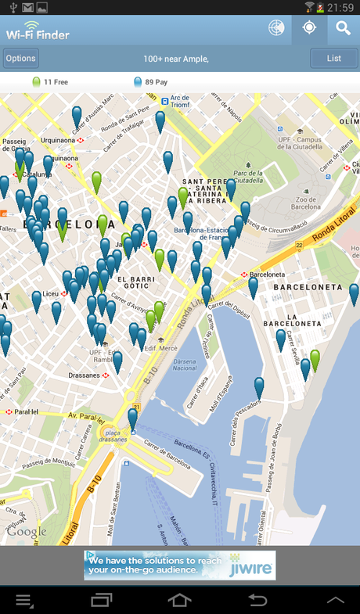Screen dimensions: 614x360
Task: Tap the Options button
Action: [21, 58]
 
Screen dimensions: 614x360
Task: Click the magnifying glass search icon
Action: [343, 29]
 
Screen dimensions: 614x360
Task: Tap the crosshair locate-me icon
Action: [309, 29]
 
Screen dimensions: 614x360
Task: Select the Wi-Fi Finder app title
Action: [38, 34]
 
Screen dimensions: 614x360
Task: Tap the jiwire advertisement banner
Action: [180, 566]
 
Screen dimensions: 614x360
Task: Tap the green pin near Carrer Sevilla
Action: [315, 361]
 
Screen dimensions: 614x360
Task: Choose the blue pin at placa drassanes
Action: [133, 418]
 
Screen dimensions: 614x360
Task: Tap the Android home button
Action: [179, 600]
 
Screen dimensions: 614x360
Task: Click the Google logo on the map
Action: [27, 532]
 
